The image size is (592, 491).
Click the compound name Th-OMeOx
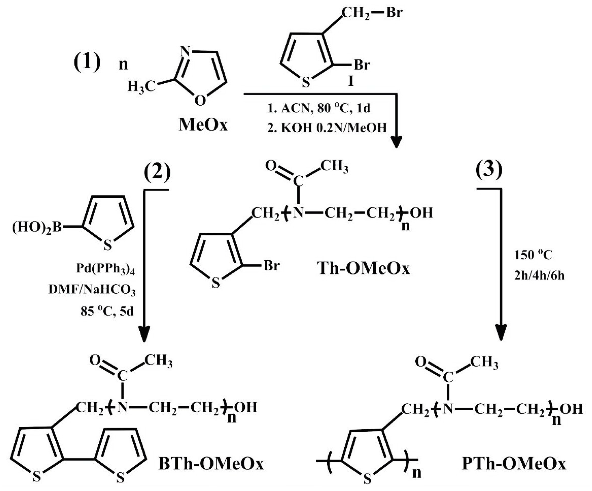coord(364,268)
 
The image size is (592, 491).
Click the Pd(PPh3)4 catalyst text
coord(106,269)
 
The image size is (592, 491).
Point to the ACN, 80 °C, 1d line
coord(319,109)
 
